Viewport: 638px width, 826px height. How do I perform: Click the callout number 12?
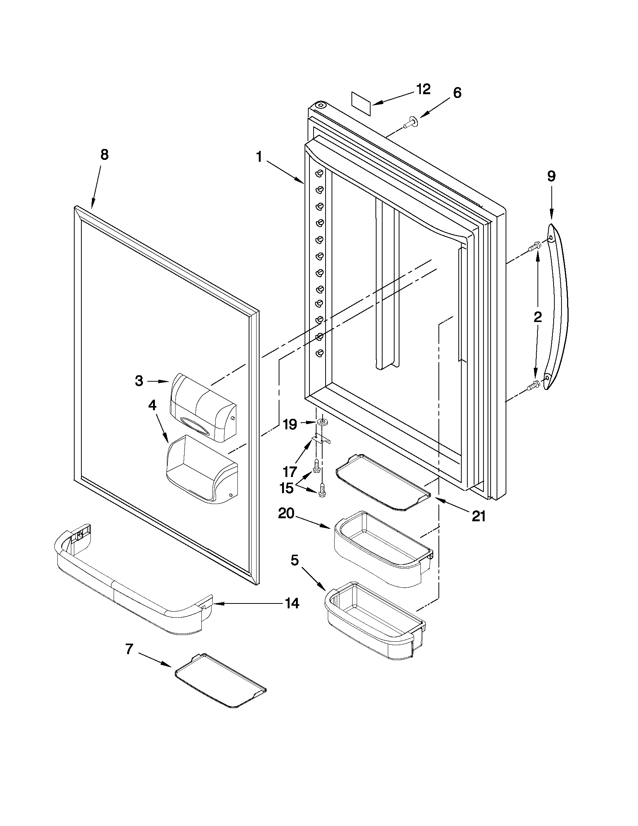coord(423,89)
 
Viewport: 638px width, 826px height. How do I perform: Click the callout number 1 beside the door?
coord(259,157)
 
